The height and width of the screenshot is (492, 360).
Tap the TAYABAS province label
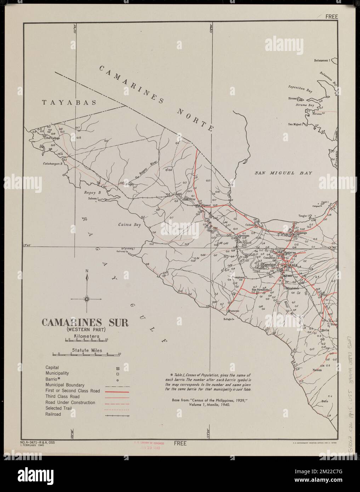[x=69, y=103]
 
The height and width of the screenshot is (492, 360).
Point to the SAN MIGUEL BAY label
[x=284, y=173]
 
